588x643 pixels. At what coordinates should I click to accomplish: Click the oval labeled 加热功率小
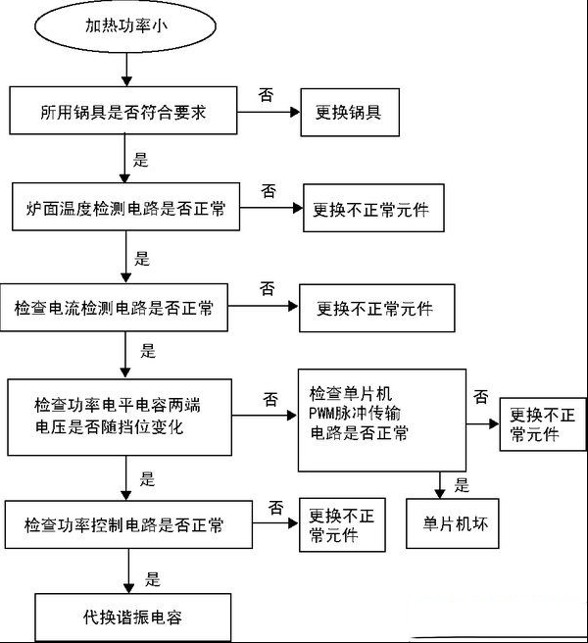click(125, 25)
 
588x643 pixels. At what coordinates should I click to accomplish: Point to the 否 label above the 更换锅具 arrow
click(266, 95)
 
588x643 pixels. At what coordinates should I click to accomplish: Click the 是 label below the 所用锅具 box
click(140, 160)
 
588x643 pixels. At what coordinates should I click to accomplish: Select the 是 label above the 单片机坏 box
click(462, 485)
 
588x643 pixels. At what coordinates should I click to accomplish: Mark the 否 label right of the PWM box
click(481, 397)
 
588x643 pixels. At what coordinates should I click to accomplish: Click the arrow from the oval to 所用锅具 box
click(126, 70)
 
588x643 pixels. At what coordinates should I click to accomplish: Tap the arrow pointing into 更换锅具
click(269, 112)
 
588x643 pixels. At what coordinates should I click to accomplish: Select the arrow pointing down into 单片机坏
click(440, 485)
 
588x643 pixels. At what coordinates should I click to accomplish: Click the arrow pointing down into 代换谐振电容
click(128, 570)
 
